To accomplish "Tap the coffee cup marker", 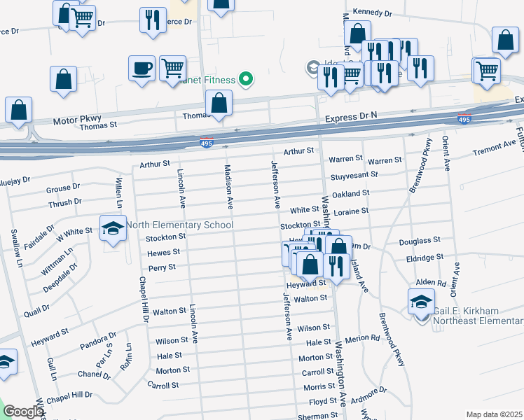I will pyautogui.click(x=142, y=68).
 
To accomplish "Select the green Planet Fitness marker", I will pyautogui.click(x=245, y=79).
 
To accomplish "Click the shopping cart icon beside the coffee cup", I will pyautogui.click(x=172, y=68).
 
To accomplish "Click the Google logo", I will pyautogui.click(x=23, y=412).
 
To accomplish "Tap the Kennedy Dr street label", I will pyautogui.click(x=373, y=13).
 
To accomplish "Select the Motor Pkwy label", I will pyautogui.click(x=73, y=121).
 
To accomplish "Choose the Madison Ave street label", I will pyautogui.click(x=228, y=187).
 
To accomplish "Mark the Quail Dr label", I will pyautogui.click(x=36, y=308).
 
